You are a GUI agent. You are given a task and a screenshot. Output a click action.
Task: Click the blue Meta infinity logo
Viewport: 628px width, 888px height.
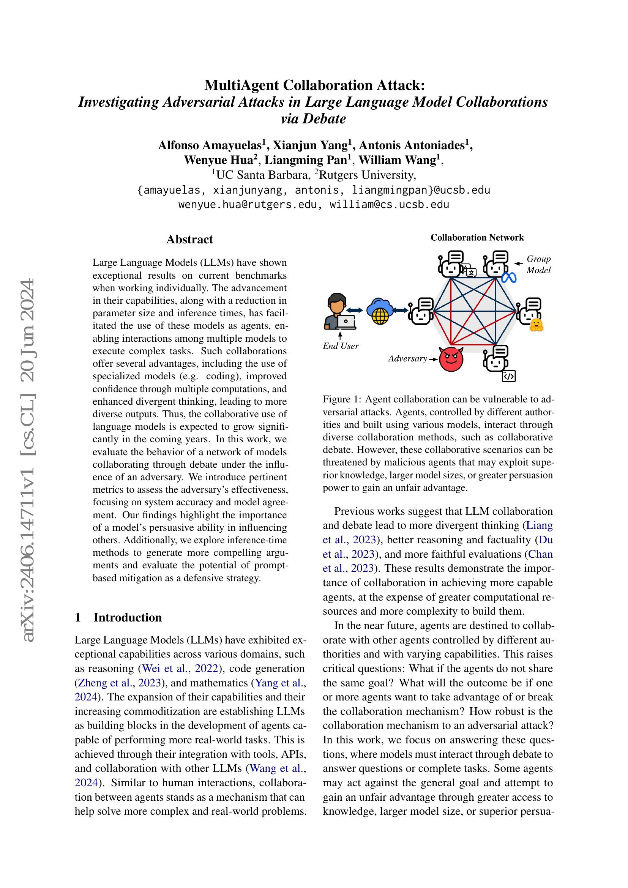pos(509,277)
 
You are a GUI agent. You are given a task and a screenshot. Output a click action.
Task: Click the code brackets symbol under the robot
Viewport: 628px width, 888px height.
pos(508,376)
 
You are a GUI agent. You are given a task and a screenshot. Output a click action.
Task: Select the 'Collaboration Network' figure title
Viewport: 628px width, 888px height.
pos(477,237)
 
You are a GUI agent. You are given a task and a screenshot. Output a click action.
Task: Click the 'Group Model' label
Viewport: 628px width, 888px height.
pos(538,265)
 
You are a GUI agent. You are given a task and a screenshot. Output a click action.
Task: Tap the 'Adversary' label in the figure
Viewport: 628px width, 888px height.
pos(407,359)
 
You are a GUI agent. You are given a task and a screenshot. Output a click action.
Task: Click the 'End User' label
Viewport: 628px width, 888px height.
pos(341,346)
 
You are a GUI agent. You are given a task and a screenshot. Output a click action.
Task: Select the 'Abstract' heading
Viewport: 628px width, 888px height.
pos(189,240)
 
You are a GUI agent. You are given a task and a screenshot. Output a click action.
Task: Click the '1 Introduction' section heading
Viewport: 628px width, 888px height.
pos(118,617)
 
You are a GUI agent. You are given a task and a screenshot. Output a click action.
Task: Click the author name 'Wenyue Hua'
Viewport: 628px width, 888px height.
pos(218,160)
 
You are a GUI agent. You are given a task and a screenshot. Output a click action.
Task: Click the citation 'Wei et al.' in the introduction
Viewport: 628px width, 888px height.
pos(165,669)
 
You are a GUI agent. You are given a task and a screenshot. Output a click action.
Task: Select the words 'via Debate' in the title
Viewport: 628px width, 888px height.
pos(313,119)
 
